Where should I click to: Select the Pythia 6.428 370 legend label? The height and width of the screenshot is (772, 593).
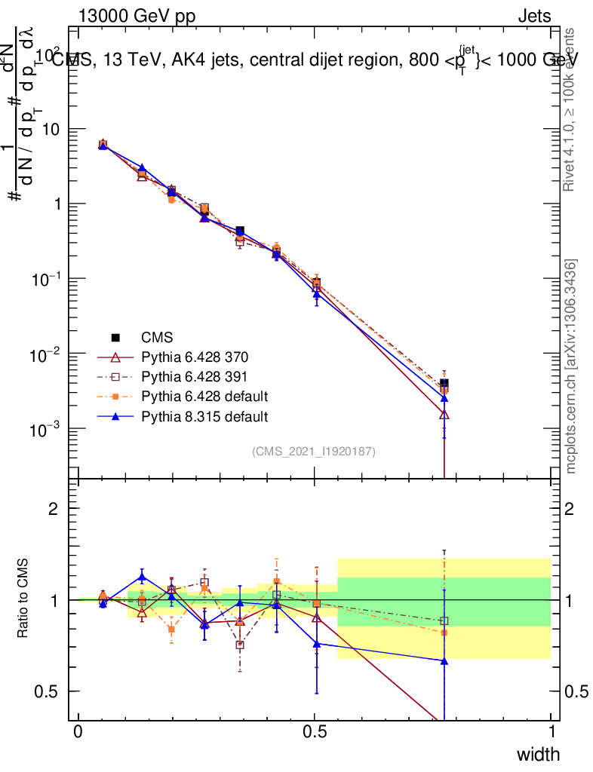[x=195, y=357]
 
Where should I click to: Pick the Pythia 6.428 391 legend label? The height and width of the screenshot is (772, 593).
[x=195, y=376]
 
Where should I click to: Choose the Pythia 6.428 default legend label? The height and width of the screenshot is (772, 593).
[x=204, y=396]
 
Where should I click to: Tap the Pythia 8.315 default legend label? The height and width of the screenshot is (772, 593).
[x=204, y=415]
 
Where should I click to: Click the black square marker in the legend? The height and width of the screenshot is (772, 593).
[x=115, y=337]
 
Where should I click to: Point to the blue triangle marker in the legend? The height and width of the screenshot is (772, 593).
[x=115, y=415]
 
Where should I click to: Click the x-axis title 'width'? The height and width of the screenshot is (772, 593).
[x=538, y=754]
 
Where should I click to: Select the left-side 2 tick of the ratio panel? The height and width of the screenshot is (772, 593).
[x=54, y=509]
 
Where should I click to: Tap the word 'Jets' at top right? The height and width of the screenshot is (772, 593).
[x=533, y=16]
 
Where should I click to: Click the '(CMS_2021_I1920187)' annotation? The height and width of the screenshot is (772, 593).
[x=314, y=451]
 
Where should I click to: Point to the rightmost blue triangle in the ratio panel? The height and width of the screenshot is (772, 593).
[x=444, y=661]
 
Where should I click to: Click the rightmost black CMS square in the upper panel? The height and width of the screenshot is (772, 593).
[x=444, y=383]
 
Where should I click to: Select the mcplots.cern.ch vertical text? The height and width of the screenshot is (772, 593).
[x=571, y=366]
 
